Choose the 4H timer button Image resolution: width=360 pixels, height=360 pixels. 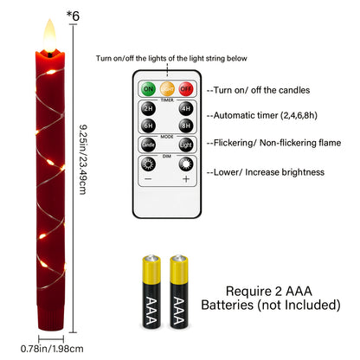(x=186, y=110)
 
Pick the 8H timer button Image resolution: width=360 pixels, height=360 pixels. (x=186, y=125)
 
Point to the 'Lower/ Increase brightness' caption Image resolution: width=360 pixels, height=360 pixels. (x=267, y=172)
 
